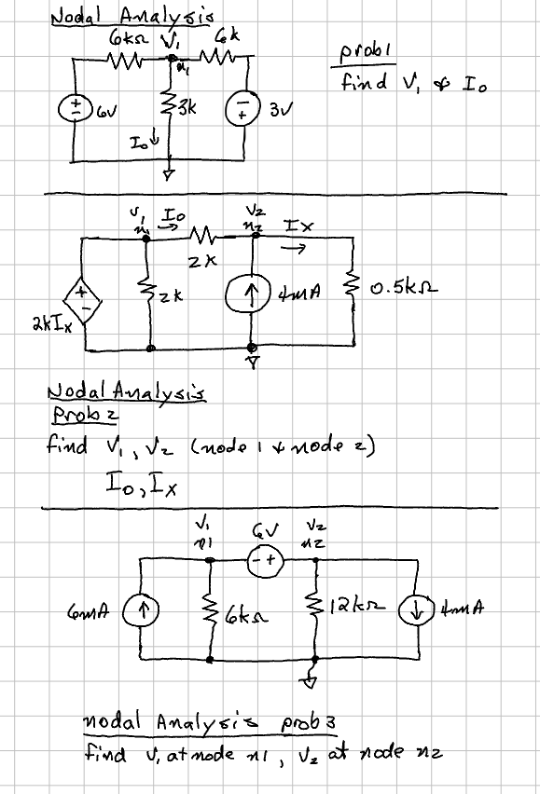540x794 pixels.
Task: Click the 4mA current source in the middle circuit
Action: pyautogui.click(x=254, y=294)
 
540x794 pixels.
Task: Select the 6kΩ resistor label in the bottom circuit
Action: pyautogui.click(x=247, y=614)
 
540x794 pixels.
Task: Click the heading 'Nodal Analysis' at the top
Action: pyautogui.click(x=131, y=17)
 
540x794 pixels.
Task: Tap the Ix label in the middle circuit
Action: pyautogui.click(x=292, y=226)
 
